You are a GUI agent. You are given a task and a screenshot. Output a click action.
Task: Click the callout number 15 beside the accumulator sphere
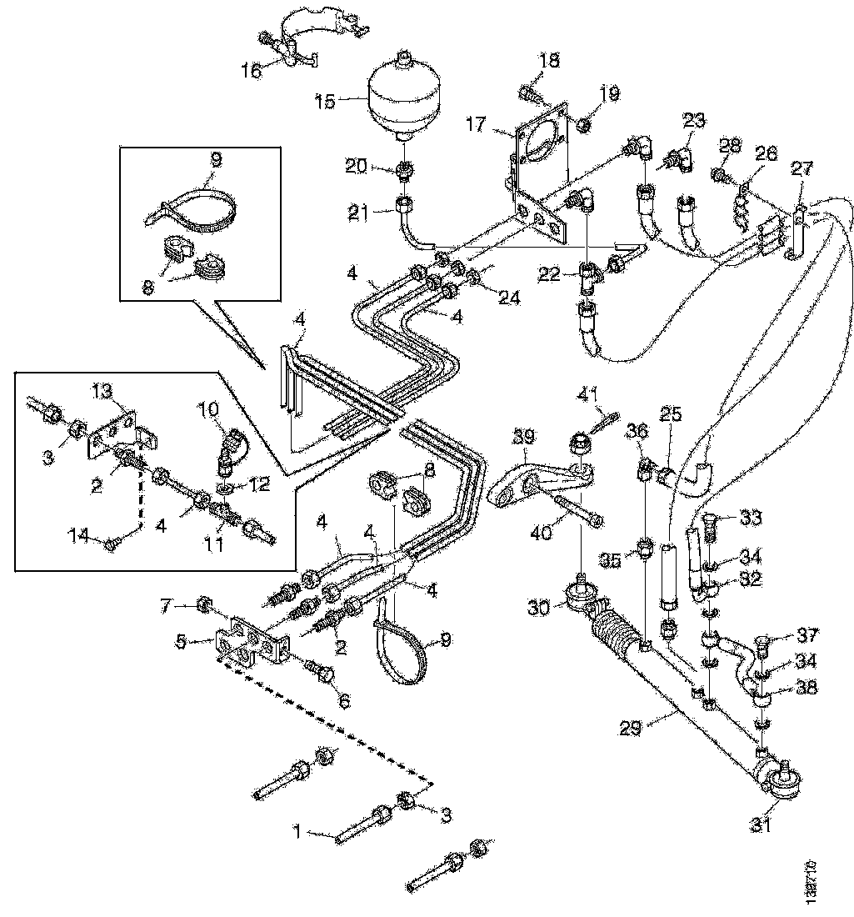[x=324, y=102]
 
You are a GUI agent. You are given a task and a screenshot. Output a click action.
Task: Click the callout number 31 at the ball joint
[x=761, y=826]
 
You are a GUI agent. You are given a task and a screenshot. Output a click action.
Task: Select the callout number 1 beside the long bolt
[x=300, y=830]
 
